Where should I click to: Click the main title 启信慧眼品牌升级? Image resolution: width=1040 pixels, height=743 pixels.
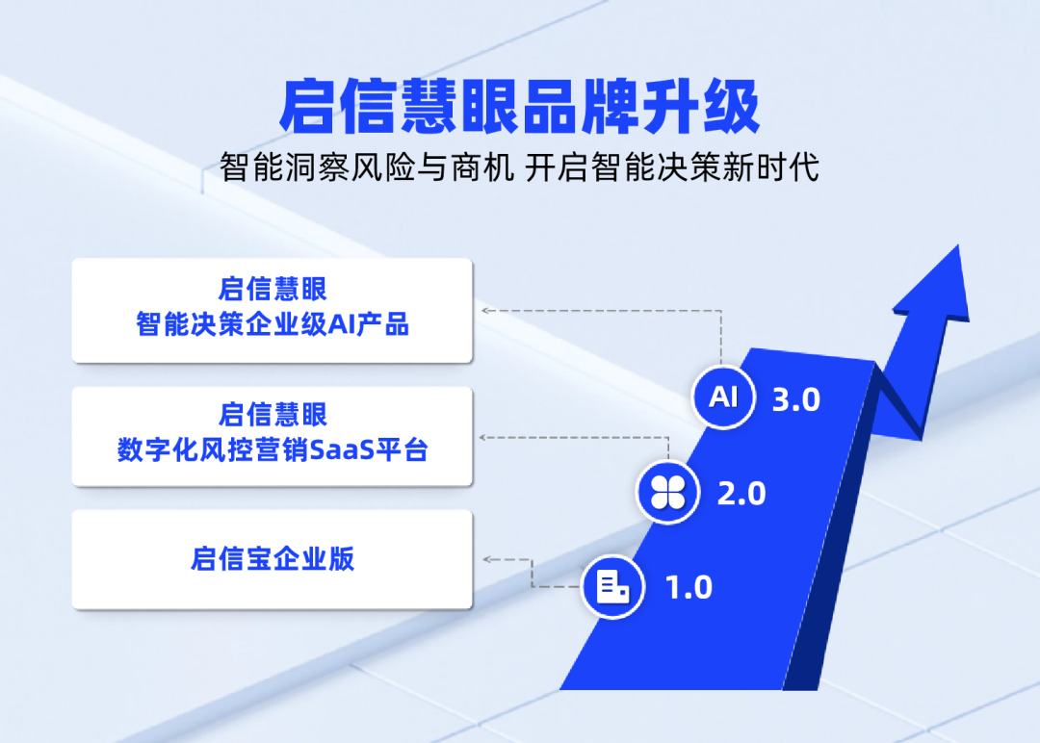(x=519, y=107)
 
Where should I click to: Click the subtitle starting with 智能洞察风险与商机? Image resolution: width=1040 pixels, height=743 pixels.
(x=519, y=167)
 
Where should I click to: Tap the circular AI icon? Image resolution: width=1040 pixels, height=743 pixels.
(x=723, y=397)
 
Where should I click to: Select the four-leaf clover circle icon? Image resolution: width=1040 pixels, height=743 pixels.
(x=667, y=493)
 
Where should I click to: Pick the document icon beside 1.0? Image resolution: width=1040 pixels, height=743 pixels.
(x=612, y=586)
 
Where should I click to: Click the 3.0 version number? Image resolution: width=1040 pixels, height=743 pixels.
(x=796, y=399)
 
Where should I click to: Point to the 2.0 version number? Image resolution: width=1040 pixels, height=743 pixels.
(x=741, y=494)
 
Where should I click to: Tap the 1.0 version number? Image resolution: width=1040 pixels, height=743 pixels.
(x=689, y=588)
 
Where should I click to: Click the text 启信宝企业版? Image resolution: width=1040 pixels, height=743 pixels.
(x=273, y=559)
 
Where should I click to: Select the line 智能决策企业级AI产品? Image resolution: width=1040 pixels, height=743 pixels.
(x=273, y=324)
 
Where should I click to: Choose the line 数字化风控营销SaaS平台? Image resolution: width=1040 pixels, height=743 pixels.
(x=273, y=450)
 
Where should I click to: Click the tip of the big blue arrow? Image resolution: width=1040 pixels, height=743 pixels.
(x=958, y=245)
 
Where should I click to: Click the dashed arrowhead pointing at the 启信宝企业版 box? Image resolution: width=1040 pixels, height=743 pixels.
(x=487, y=559)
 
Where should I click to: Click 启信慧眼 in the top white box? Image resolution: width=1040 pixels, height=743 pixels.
(x=273, y=289)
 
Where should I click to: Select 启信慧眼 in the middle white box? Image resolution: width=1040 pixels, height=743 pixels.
(x=273, y=415)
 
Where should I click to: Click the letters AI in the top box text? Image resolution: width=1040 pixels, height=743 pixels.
(x=342, y=324)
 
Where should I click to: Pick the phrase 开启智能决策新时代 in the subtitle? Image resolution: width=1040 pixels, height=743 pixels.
(x=672, y=167)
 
